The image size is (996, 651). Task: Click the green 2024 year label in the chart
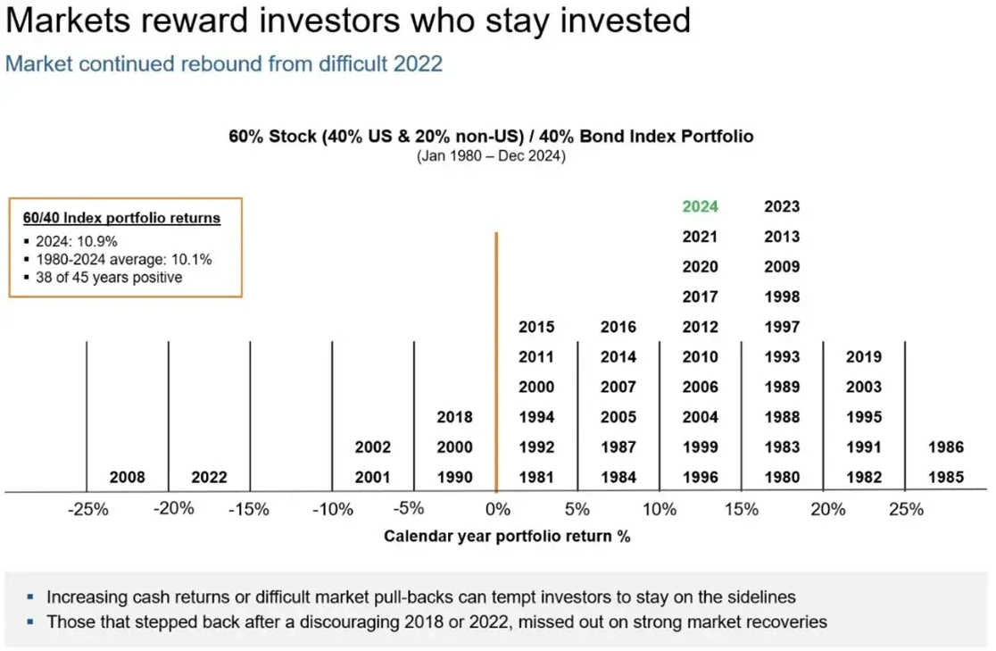pyautogui.click(x=700, y=206)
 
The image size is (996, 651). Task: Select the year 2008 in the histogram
pyautogui.click(x=127, y=477)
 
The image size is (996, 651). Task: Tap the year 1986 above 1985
pyautogui.click(x=946, y=447)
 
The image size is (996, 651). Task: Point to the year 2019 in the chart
pyautogui.click(x=863, y=356)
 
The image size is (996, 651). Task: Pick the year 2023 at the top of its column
pyautogui.click(x=782, y=206)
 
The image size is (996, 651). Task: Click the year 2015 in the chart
pyautogui.click(x=536, y=327)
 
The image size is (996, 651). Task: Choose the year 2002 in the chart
pyautogui.click(x=372, y=447)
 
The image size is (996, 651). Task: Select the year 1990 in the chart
pyautogui.click(x=454, y=477)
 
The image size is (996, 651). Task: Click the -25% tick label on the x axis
pyautogui.click(x=88, y=510)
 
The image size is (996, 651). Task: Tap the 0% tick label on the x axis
pyautogui.click(x=497, y=510)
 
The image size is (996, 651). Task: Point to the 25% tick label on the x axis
pyautogui.click(x=906, y=510)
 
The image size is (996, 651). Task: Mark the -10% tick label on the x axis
pyautogui.click(x=333, y=510)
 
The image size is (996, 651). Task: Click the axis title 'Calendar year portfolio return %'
pyautogui.click(x=507, y=536)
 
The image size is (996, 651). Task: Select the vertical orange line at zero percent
pyautogui.click(x=495, y=357)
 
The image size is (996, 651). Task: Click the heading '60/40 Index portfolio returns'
pyautogui.click(x=121, y=218)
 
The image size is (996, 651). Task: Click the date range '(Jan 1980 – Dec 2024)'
pyautogui.click(x=491, y=155)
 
